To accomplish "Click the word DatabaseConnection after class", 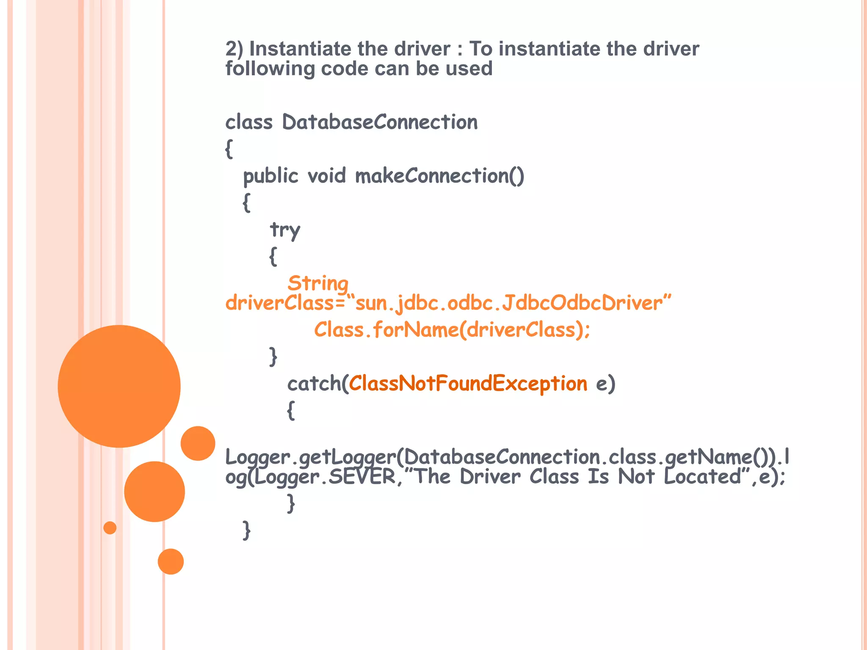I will (x=380, y=122).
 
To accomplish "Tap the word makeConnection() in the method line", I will (x=439, y=176).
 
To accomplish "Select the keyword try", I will (x=285, y=230).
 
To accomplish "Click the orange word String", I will (x=318, y=284).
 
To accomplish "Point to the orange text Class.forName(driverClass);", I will (x=452, y=330).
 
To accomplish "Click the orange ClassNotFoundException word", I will (x=468, y=383).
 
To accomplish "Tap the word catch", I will (x=314, y=383).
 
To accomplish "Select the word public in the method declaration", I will (x=271, y=176).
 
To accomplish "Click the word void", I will (x=326, y=176).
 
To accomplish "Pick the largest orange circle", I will (x=119, y=386).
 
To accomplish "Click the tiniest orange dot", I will (x=110, y=528).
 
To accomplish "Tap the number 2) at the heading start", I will (x=234, y=49).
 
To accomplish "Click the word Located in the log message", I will (x=702, y=477).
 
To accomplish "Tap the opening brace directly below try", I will (x=273, y=256).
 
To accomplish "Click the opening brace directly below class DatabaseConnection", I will (x=229, y=149).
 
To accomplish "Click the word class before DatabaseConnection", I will (x=249, y=122).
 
